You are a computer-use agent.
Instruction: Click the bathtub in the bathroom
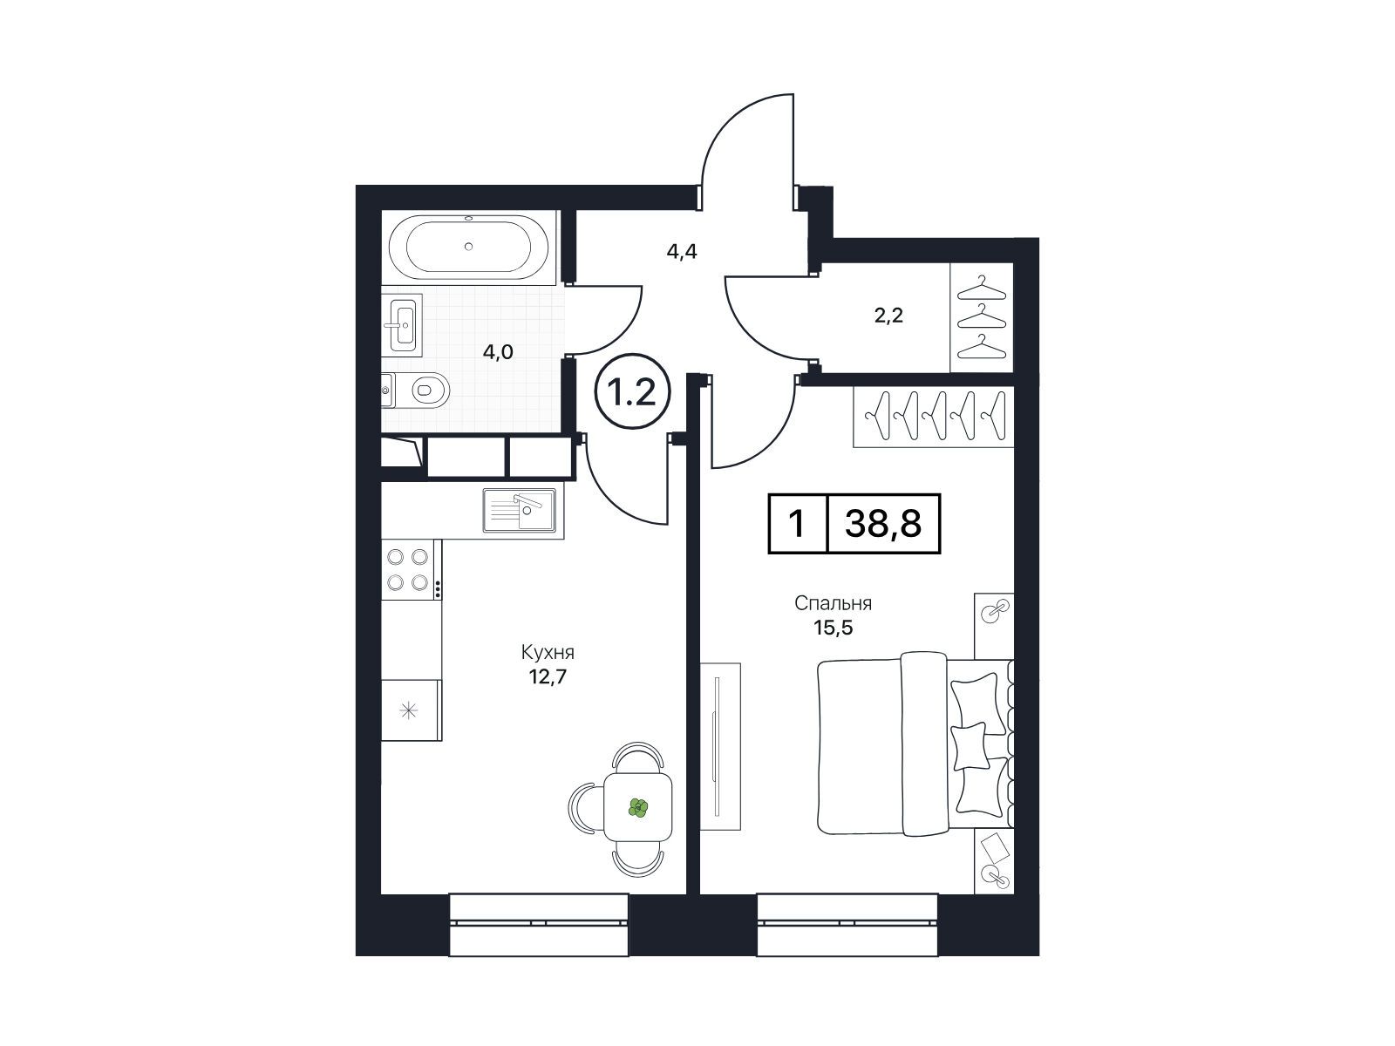click(468, 247)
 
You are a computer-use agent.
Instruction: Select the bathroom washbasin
click(402, 324)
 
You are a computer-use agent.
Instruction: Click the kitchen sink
click(519, 509)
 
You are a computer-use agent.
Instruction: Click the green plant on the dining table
click(638, 808)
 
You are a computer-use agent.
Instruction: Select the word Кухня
click(548, 652)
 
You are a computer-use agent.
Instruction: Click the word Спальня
click(833, 602)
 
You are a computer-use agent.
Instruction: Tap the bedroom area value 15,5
click(833, 628)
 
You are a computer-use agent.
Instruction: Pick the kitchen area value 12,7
click(548, 677)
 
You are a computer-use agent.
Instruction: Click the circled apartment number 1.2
click(632, 392)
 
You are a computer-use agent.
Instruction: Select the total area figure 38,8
click(882, 524)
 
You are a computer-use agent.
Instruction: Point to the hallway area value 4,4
click(682, 252)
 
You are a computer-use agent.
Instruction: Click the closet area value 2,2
click(888, 315)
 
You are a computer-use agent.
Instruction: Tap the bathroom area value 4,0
click(498, 352)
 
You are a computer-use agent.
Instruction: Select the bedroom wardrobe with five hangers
click(933, 417)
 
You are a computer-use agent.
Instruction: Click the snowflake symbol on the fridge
click(409, 710)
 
